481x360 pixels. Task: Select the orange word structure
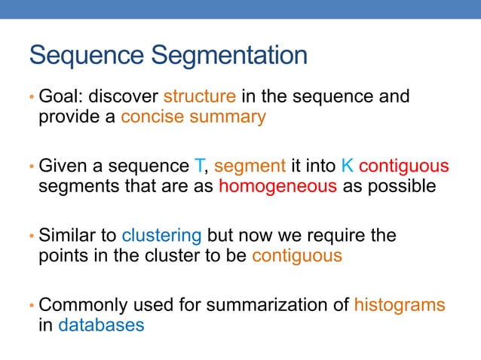click(200, 97)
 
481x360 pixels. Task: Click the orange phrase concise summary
click(193, 118)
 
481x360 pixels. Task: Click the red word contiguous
click(404, 166)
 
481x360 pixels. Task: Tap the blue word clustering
click(161, 235)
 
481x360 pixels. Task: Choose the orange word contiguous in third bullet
click(297, 256)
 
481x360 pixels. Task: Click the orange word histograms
click(400, 305)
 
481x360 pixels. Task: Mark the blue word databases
click(101, 326)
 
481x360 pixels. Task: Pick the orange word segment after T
click(250, 166)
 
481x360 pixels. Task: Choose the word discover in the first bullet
click(124, 97)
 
